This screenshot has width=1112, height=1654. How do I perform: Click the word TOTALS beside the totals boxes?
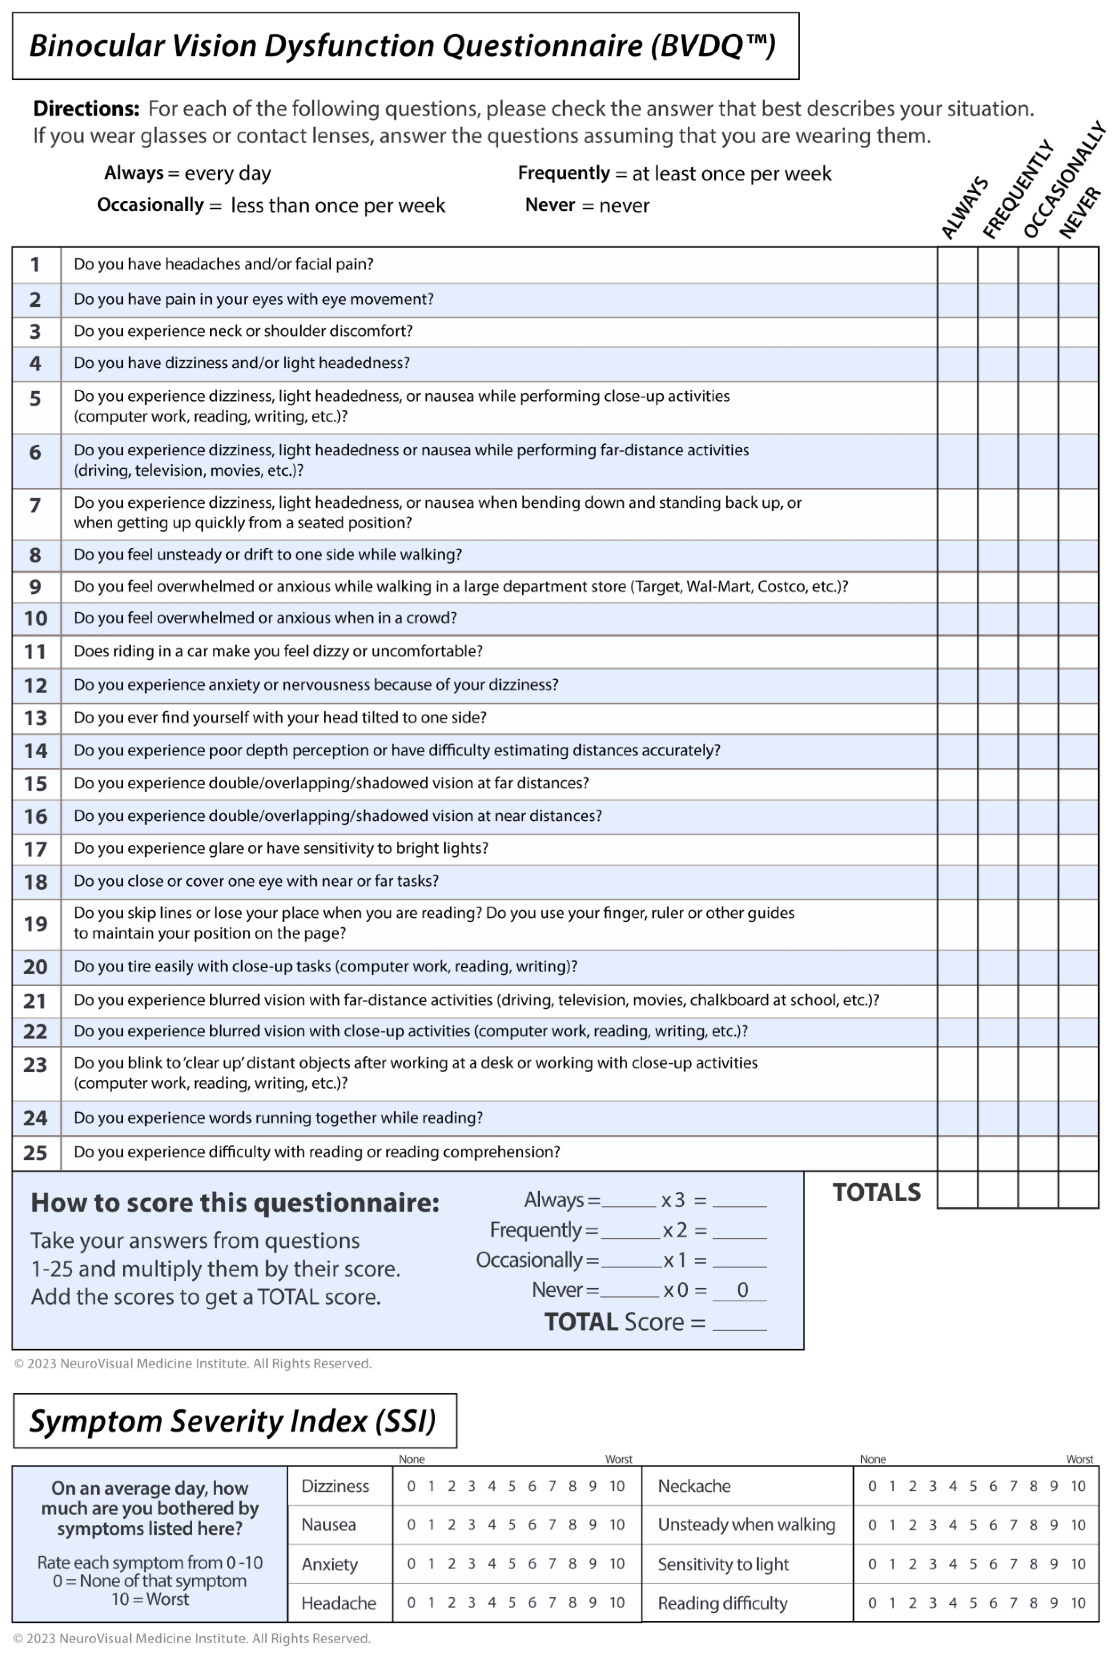coord(876,1192)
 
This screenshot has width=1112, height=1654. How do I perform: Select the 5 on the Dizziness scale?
coord(511,1486)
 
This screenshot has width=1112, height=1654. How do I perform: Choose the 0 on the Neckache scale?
coord(872,1486)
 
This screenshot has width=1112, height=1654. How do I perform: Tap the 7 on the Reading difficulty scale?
coord(1013,1603)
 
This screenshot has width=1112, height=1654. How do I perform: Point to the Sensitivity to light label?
coord(723,1564)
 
